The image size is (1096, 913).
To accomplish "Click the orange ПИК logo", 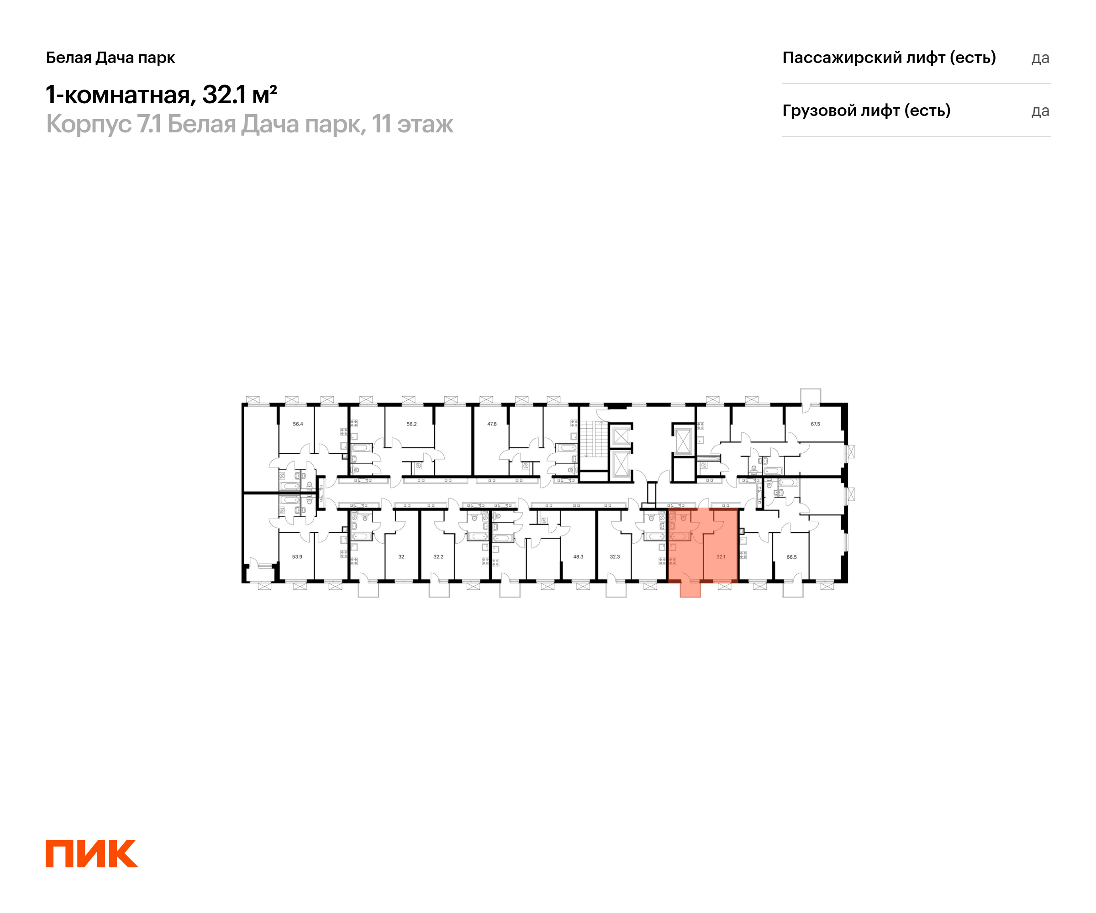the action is tap(91, 854).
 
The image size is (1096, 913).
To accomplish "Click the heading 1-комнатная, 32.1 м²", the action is tap(161, 95).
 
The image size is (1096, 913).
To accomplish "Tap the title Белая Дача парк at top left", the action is tap(110, 58).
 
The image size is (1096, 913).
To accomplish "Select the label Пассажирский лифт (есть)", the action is tap(889, 58).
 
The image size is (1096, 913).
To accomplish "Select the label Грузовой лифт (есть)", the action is tap(866, 110).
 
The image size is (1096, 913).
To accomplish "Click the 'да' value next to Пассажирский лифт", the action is tap(1040, 58).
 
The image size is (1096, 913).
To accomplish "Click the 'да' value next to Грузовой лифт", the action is tap(1040, 111).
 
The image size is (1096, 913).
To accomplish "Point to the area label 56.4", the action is tap(297, 424).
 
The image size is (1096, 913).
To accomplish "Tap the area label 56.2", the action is tap(411, 424).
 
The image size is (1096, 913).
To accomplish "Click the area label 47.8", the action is tap(492, 424).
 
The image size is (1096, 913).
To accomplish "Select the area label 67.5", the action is tap(815, 424).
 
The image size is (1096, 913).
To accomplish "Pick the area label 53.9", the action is tap(297, 556).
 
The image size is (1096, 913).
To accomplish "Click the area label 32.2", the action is tap(438, 556).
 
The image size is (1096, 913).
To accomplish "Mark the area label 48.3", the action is tap(578, 556).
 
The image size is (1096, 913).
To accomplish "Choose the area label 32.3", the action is tap(615, 556).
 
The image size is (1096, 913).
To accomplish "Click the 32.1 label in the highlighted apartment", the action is tap(721, 556).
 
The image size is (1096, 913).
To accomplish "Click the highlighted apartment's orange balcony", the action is tap(690, 589).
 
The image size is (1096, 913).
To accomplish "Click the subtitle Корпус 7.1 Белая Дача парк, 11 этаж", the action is tap(249, 125).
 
